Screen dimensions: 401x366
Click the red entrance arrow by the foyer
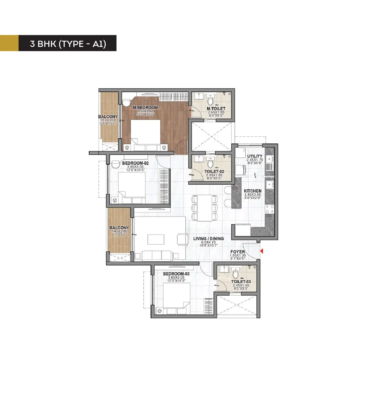coord(261,251)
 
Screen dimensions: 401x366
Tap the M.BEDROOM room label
coord(145,108)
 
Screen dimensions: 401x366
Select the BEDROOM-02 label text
coord(135,163)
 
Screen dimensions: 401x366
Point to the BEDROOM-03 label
coord(176,274)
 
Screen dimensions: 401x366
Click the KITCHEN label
coord(252,191)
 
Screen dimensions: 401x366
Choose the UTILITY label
coord(255,156)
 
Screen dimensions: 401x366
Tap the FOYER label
coord(237,252)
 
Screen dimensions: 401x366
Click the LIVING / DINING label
coord(209,238)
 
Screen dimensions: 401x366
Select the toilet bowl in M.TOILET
coord(210,102)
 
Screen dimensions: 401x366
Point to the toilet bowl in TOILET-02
coord(210,164)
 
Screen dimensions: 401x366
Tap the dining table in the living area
coord(205,208)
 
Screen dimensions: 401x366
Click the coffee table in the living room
coord(156,239)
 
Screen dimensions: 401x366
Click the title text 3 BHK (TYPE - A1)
coord(68,44)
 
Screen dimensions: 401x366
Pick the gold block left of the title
coord(9,43)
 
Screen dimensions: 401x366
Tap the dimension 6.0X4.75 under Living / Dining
coord(209,242)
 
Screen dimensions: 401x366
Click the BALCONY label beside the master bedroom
coord(108,117)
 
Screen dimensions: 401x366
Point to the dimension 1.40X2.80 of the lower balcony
coord(119,231)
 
